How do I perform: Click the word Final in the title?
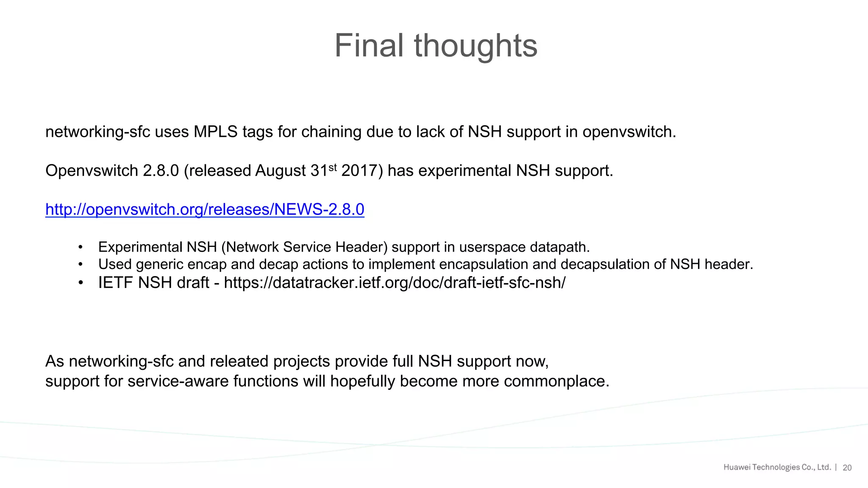coord(369,46)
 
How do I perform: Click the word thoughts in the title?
coord(476,46)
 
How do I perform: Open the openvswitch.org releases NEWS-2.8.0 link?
coord(205,209)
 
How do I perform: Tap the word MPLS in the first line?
coord(215,132)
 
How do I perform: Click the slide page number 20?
coord(847,468)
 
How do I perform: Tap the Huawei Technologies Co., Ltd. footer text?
coord(777,467)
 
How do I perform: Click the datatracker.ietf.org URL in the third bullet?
coord(395,283)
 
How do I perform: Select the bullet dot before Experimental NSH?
coord(80,247)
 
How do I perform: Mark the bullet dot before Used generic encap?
coord(80,264)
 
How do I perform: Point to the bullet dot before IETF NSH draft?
coord(80,283)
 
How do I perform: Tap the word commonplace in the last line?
coord(556,381)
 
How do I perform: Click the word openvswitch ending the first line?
coord(629,132)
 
